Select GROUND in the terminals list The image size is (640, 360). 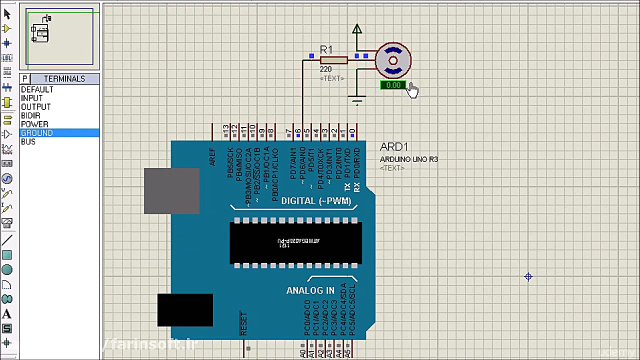tap(36, 133)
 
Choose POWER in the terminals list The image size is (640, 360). tap(34, 124)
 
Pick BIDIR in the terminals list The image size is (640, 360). tap(30, 115)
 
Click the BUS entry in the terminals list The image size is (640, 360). tap(28, 141)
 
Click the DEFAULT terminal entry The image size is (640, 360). tap(36, 89)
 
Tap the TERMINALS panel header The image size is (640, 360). tap(64, 78)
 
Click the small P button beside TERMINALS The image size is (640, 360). tap(24, 78)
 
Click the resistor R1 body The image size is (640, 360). tap(333, 60)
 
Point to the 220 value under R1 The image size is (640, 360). tap(325, 69)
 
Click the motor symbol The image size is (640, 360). tap(393, 60)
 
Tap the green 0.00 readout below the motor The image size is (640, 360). tap(393, 85)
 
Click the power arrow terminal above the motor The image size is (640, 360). tap(356, 30)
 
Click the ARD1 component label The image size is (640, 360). tap(393, 146)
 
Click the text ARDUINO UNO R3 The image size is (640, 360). tap(408, 159)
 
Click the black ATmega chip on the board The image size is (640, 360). tap(295, 242)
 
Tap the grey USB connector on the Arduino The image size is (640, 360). tap(171, 190)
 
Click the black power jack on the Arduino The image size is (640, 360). tap(185, 310)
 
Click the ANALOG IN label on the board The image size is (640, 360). tap(310, 290)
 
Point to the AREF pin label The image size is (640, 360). tap(212, 157)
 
